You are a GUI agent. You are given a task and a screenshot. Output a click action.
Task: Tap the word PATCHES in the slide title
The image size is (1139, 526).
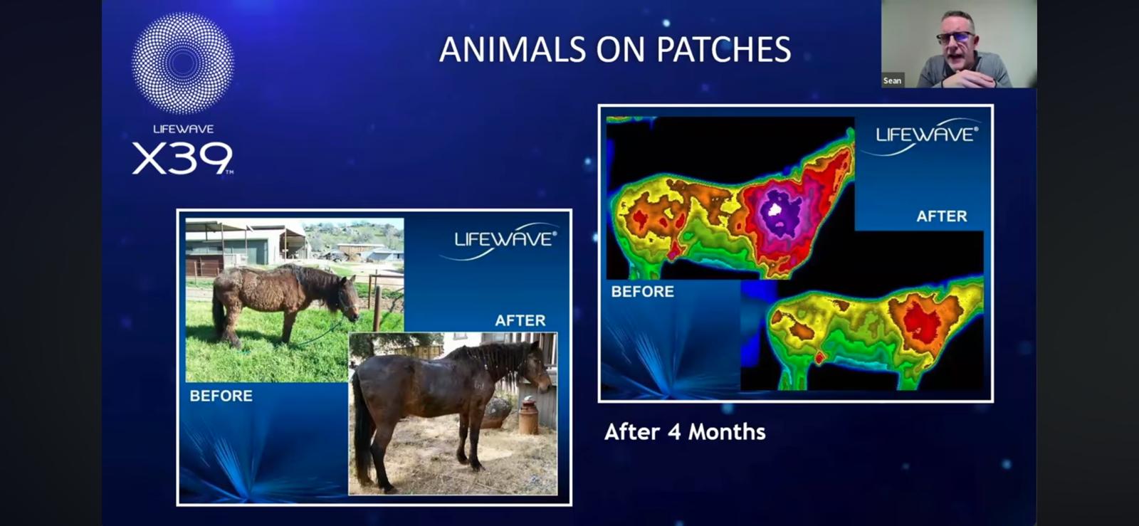[723, 49]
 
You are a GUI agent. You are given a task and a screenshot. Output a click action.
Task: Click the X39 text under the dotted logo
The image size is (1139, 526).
[182, 158]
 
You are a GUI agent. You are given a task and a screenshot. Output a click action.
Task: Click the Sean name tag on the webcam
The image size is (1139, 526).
[893, 80]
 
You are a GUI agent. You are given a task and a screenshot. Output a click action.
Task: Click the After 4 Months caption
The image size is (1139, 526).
[685, 432]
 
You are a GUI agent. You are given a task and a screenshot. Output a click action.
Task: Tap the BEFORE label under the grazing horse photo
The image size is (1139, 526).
[221, 396]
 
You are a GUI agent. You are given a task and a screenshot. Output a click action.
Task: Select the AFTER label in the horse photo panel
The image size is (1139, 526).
[520, 320]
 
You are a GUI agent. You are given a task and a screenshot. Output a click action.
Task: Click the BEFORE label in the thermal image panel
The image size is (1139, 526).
[643, 292]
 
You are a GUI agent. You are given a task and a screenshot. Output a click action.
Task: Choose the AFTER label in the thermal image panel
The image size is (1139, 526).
[942, 216]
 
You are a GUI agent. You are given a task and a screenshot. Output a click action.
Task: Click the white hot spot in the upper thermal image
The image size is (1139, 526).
[775, 209]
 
